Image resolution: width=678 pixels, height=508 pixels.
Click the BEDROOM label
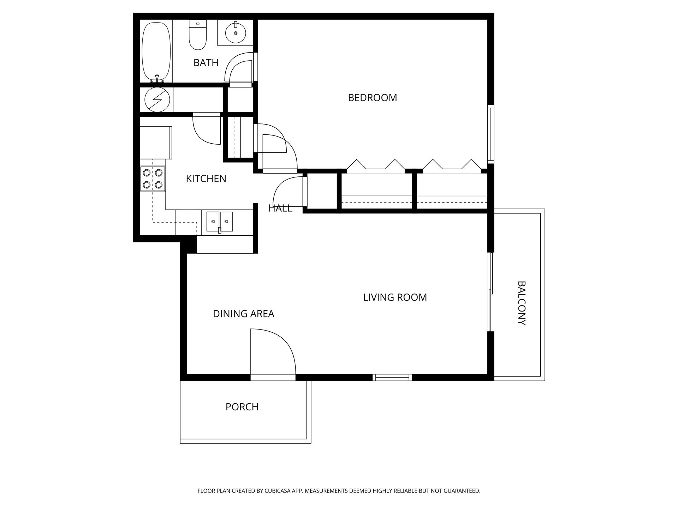[372, 98]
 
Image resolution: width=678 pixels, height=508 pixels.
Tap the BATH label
[206, 63]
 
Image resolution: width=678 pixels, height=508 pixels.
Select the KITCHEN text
[206, 179]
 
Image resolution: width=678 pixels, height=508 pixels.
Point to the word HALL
[280, 208]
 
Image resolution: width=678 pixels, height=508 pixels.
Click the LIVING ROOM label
[395, 297]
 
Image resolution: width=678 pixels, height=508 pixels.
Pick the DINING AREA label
[243, 314]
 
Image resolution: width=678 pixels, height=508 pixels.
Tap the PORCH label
[242, 407]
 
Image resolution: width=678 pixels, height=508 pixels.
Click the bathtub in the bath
[157, 52]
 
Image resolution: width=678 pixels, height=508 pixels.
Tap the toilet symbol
[198, 35]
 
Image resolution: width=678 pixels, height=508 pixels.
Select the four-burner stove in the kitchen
[153, 179]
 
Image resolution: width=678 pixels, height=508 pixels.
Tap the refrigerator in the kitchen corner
[156, 143]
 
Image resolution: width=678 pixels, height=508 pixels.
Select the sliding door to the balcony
[490, 292]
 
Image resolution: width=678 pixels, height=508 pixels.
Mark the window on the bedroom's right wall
[490, 134]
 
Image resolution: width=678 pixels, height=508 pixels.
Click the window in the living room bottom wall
[392, 377]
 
